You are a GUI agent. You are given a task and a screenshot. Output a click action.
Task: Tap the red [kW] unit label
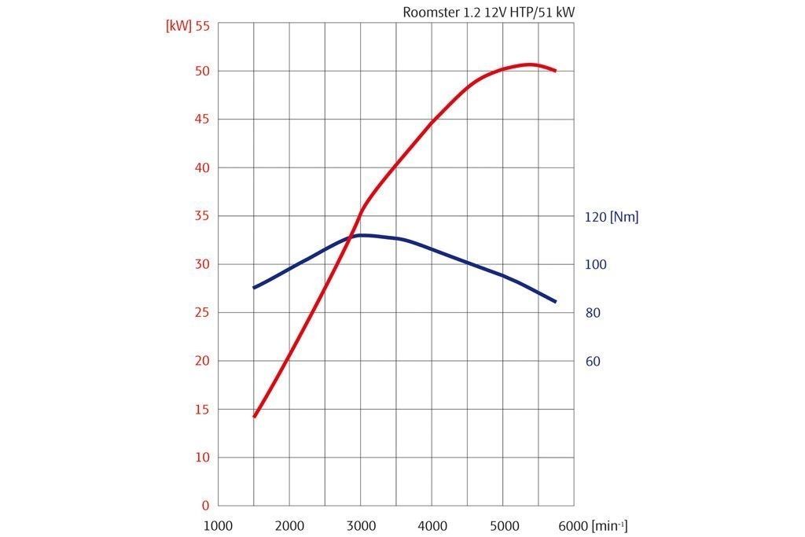pyautogui.click(x=178, y=25)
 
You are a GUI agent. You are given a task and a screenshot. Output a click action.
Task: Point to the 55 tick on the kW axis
pyautogui.click(x=203, y=25)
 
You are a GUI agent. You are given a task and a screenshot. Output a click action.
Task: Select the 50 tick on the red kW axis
pyautogui.click(x=203, y=71)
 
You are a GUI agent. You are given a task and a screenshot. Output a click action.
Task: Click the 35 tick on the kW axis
pyautogui.click(x=203, y=215)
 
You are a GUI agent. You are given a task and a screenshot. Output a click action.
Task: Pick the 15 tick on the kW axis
pyautogui.click(x=203, y=409)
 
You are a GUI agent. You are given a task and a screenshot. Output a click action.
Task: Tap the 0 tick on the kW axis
pyautogui.click(x=206, y=506)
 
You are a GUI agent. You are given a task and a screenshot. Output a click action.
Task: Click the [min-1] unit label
pyautogui.click(x=609, y=525)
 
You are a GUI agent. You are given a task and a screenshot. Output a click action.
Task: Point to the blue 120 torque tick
pyautogui.click(x=596, y=216)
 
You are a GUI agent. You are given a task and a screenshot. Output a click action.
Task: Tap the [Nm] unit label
pyautogui.click(x=624, y=216)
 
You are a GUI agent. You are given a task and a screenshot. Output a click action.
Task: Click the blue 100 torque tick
pyautogui.click(x=596, y=265)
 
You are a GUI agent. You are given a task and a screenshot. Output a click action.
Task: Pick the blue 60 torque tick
pyautogui.click(x=593, y=362)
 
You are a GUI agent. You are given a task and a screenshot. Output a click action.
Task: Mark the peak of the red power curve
pyautogui.click(x=530, y=64)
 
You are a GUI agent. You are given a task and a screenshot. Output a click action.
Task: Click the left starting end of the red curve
pyautogui.click(x=254, y=416)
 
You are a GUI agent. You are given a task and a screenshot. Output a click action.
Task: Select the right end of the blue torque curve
pyautogui.click(x=555, y=301)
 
